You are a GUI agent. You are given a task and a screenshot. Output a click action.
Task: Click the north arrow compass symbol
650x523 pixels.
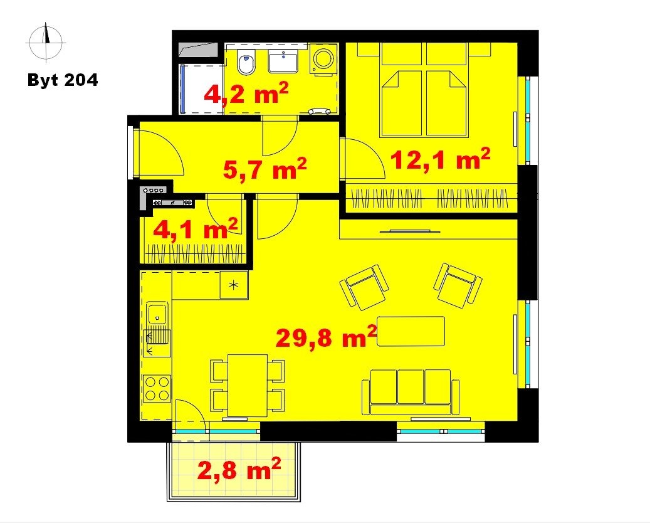(x=46, y=41)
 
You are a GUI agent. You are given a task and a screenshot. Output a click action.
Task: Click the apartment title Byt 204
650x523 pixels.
(x=63, y=80)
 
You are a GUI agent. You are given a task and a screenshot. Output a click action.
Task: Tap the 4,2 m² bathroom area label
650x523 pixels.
(x=246, y=94)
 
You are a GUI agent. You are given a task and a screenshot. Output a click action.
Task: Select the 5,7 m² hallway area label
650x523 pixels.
(x=265, y=169)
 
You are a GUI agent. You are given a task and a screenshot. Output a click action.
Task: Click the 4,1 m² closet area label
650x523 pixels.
(x=195, y=228)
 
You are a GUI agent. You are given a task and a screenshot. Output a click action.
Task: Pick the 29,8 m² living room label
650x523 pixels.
(x=327, y=337)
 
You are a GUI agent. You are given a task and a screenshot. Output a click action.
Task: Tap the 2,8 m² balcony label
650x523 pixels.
(x=239, y=470)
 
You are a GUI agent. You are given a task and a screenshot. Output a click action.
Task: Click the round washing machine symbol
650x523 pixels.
(x=324, y=60)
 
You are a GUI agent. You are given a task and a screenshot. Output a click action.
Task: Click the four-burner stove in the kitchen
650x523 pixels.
(x=157, y=388)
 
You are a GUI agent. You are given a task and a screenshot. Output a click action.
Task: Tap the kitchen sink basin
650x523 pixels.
(x=157, y=313)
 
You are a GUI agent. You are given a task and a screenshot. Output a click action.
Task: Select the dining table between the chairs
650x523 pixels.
(x=247, y=385)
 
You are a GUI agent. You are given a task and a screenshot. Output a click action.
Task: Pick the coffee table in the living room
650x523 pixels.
(x=411, y=331)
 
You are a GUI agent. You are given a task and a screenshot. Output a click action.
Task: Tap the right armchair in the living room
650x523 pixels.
(x=458, y=286)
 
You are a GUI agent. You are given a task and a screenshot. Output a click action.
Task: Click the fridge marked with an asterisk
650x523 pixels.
(x=234, y=285)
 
